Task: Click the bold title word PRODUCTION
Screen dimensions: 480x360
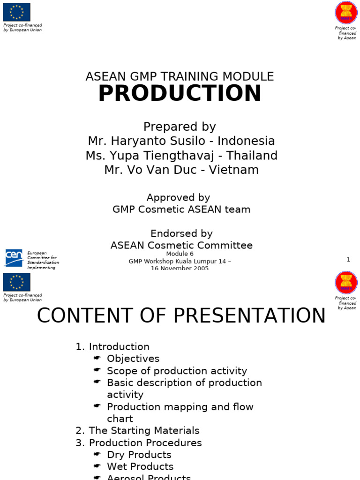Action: [x=180, y=93]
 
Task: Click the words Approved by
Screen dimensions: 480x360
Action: [x=178, y=198]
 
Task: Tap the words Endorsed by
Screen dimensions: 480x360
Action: [x=181, y=233]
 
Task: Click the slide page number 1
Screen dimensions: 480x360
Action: [x=348, y=260]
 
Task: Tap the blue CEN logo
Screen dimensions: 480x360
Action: [x=14, y=258]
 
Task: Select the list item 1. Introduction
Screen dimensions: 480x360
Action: [x=112, y=347]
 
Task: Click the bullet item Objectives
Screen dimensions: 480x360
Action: [x=133, y=359]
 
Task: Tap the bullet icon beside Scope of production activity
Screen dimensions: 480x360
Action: [x=97, y=370]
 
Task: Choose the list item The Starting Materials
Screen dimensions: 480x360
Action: [x=144, y=430]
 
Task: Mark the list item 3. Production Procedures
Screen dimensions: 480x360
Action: [x=139, y=442]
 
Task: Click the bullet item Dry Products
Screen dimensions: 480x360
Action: [x=139, y=455]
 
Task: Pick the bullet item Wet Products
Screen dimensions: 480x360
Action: [x=140, y=466]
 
